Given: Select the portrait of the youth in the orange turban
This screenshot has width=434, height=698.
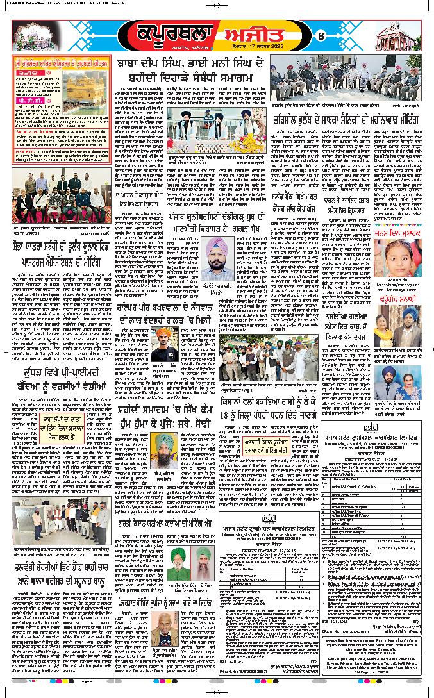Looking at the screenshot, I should click(163, 346).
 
